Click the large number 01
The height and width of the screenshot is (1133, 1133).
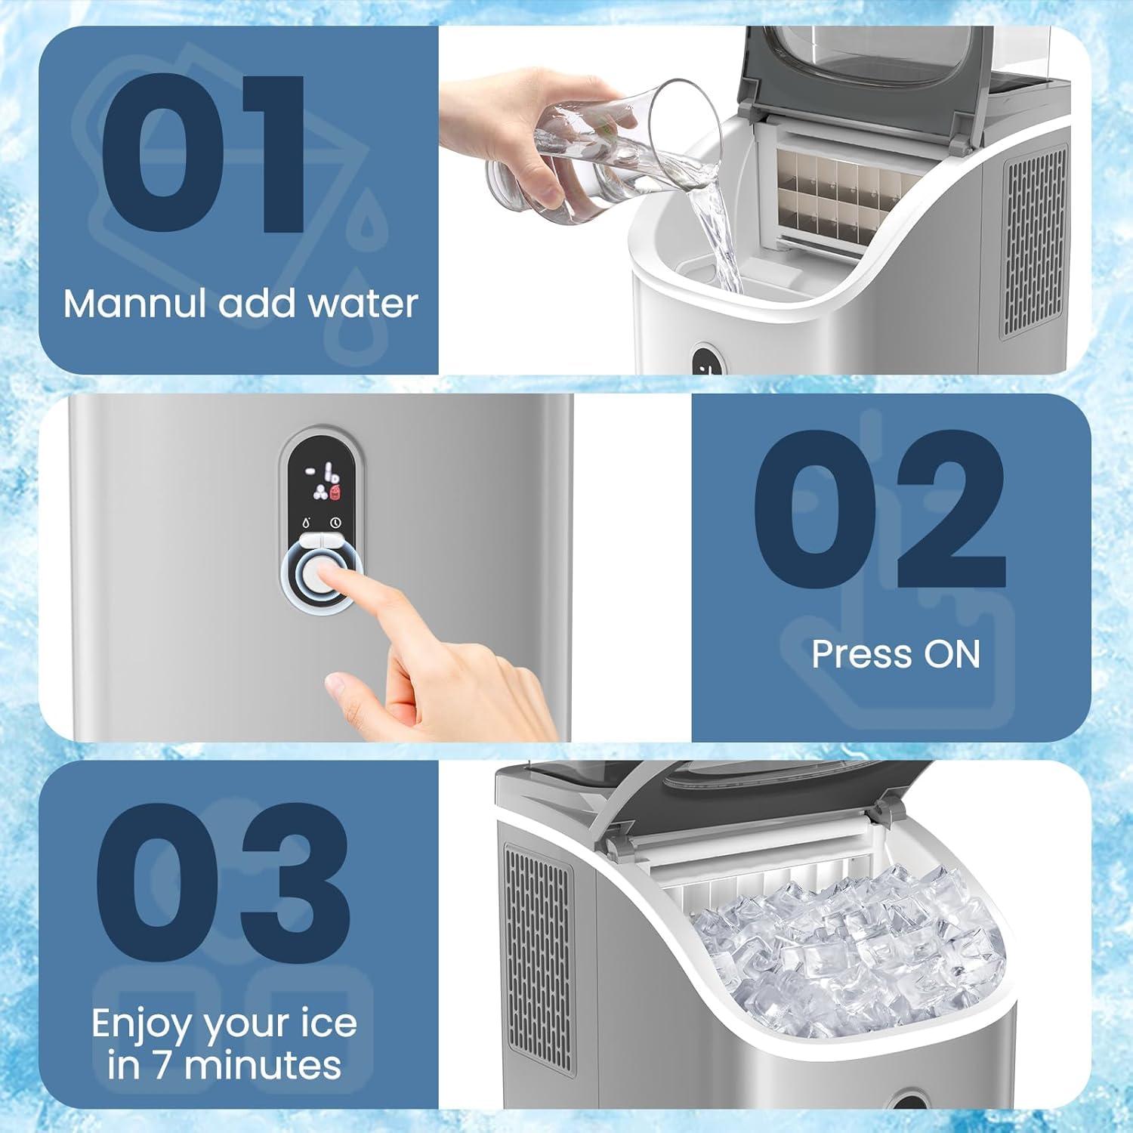[204, 155]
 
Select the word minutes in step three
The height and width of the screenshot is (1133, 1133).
[262, 1065]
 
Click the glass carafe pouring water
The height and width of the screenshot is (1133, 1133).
[574, 151]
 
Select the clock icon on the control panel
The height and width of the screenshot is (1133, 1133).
[335, 523]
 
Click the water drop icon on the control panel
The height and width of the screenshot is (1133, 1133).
[306, 523]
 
